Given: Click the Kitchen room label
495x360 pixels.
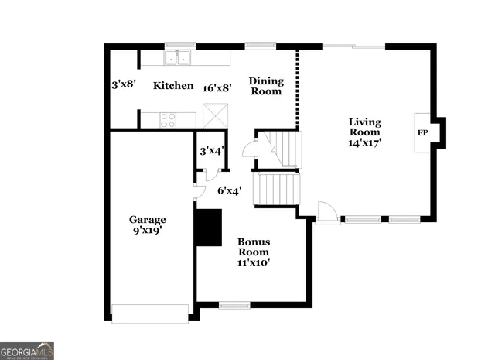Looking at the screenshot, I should [x=172, y=86].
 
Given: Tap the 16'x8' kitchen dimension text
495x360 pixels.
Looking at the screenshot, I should [x=217, y=88].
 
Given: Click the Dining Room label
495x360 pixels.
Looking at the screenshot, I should [x=266, y=87].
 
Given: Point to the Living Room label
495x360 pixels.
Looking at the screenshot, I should [x=365, y=127].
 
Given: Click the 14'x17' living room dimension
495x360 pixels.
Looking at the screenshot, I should [x=365, y=142].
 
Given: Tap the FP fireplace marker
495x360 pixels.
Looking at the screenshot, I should [x=423, y=133].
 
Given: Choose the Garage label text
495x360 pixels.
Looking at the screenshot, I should [x=147, y=219].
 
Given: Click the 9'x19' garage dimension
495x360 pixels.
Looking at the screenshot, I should [x=147, y=230].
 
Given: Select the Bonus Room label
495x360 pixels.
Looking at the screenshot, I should [x=253, y=246].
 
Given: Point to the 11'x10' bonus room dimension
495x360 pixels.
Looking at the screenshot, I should [x=253, y=262].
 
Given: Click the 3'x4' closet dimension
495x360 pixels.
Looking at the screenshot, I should [x=211, y=151].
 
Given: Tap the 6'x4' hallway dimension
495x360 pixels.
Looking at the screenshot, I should [x=230, y=190].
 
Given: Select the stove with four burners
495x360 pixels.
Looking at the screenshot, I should [x=168, y=119].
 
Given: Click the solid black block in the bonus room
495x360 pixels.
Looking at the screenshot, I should [x=207, y=226].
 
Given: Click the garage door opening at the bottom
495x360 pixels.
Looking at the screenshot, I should [x=150, y=314].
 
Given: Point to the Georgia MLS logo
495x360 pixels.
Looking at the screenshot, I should [x=27, y=351].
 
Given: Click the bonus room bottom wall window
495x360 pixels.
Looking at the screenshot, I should [x=234, y=305].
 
